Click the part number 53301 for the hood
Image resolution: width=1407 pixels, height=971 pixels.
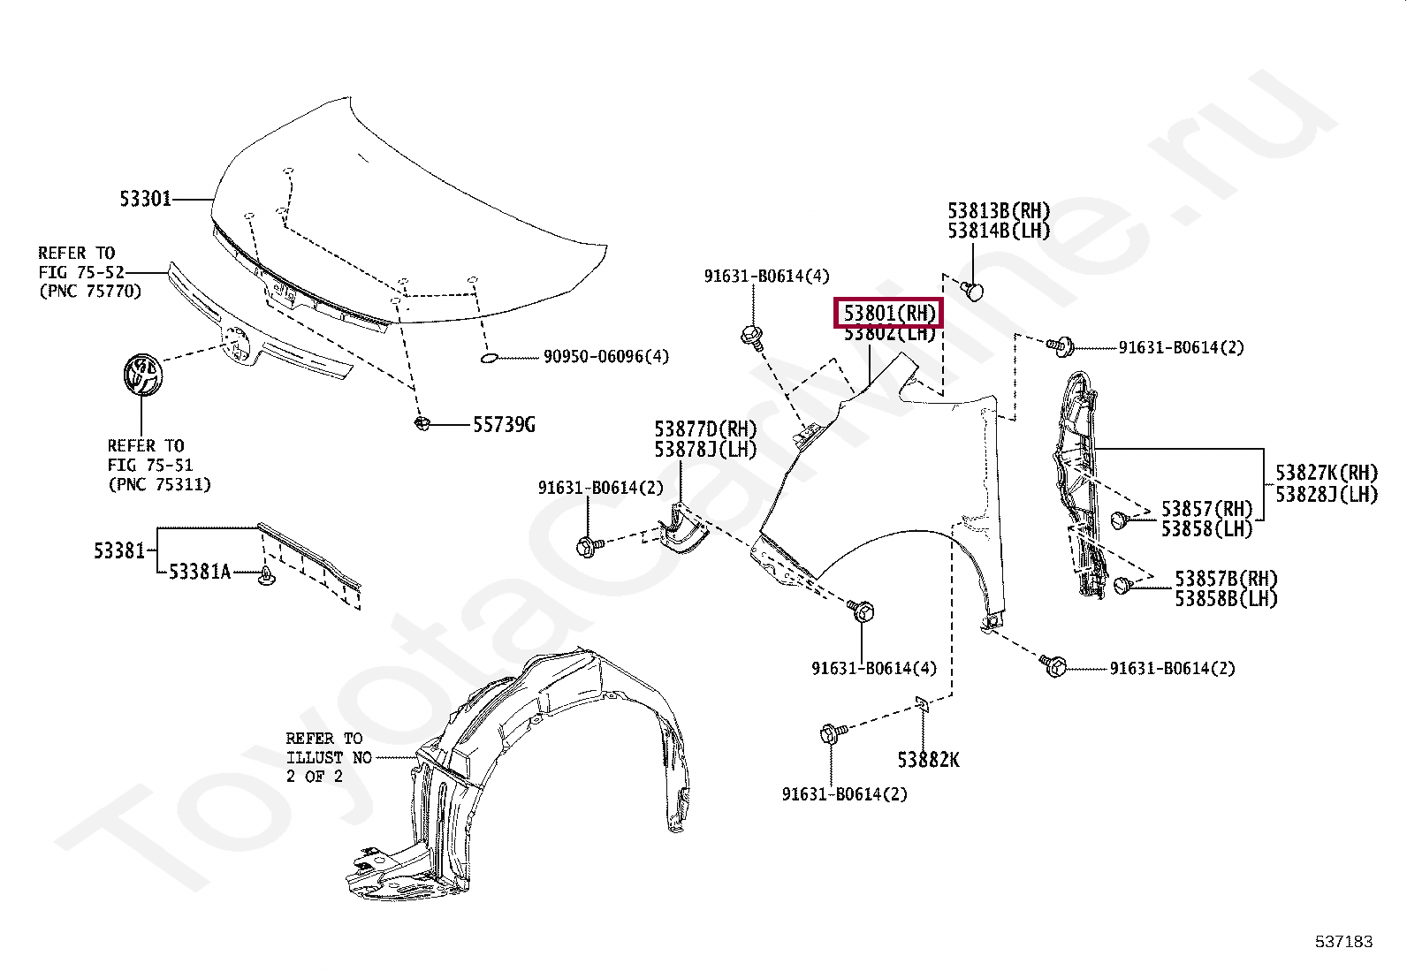145,199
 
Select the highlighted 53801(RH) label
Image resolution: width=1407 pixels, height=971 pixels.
889,313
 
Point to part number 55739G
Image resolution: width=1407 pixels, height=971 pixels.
504,425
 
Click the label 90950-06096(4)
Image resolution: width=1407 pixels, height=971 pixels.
605,357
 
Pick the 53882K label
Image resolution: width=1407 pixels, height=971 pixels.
928,759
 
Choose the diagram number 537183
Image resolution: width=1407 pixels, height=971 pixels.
1343,942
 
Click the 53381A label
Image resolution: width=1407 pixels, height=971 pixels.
199,573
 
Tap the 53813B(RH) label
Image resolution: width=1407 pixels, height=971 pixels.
999,211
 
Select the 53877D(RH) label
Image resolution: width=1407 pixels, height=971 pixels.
705,429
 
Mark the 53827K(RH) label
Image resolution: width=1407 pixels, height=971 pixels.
1326,474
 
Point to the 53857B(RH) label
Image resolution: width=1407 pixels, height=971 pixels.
1226,579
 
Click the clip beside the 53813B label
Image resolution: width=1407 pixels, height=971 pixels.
972,290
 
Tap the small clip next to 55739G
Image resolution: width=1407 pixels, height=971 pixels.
422,425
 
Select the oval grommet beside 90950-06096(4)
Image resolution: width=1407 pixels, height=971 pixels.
489,358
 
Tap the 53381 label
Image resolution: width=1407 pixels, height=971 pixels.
118,550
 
